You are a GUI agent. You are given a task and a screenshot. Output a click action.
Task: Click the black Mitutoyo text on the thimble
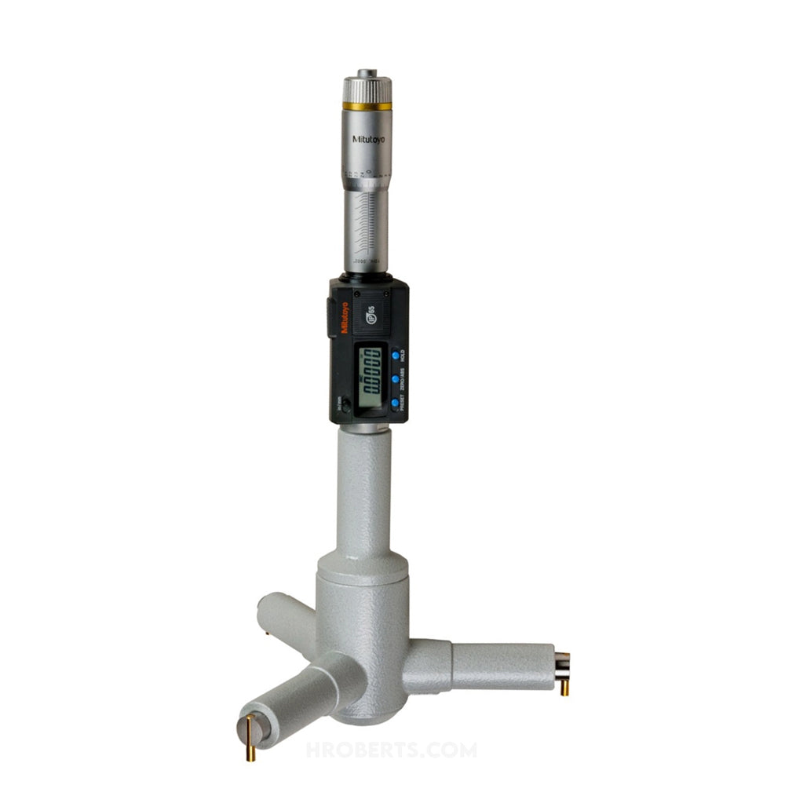pyautogui.click(x=366, y=138)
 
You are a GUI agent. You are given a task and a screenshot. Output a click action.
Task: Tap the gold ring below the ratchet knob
pyautogui.click(x=367, y=106)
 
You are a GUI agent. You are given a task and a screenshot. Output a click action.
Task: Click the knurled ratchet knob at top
pyautogui.click(x=367, y=89)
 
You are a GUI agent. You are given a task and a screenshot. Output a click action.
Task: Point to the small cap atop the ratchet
pyautogui.click(x=367, y=73)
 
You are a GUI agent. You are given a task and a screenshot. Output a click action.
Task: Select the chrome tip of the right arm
pyautogui.click(x=561, y=664)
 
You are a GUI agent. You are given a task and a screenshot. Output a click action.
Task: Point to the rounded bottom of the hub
pyautogui.click(x=361, y=710)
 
